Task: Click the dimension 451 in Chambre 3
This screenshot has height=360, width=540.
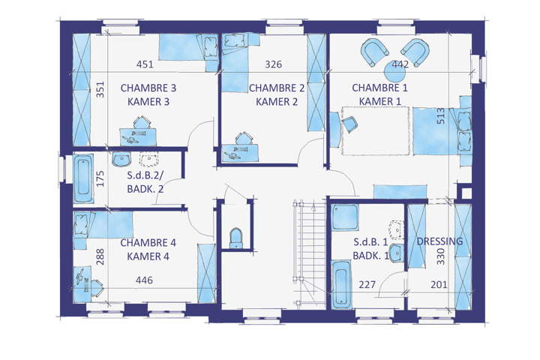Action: [145, 64]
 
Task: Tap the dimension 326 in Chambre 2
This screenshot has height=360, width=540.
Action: [274, 64]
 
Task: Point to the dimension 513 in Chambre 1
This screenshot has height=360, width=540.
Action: [441, 116]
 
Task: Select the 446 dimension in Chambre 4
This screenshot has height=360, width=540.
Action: [144, 280]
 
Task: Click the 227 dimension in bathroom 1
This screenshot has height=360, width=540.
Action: [367, 284]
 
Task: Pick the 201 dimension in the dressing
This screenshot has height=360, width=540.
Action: [439, 284]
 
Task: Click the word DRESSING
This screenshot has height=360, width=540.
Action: [439, 241]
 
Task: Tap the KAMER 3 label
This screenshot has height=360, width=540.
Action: [148, 102]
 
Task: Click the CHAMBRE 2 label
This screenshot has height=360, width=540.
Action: [277, 88]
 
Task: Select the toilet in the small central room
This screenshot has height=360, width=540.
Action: [236, 238]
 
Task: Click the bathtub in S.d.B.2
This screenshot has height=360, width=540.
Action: [83, 178]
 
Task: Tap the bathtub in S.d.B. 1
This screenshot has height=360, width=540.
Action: [341, 284]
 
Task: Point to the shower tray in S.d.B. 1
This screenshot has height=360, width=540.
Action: [345, 217]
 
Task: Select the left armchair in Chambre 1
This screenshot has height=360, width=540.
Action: [374, 52]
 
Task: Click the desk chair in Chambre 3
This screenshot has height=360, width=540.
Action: [142, 122]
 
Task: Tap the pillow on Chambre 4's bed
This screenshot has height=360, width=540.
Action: [82, 220]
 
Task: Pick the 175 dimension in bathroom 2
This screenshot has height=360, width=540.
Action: [100, 178]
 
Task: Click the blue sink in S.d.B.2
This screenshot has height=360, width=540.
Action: [121, 159]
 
